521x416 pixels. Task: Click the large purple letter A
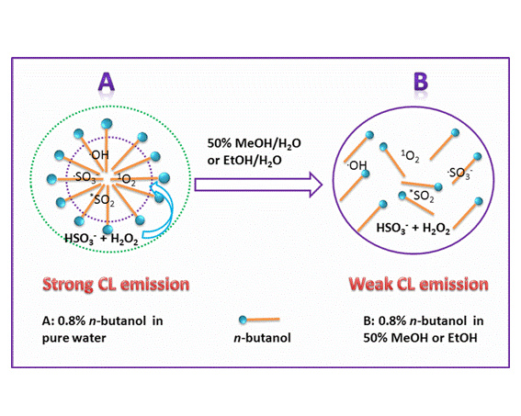click(x=107, y=82)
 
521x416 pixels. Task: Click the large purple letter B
click(x=420, y=82)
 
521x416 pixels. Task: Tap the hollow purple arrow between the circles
click(x=258, y=185)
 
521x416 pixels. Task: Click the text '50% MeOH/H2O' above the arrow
click(x=255, y=144)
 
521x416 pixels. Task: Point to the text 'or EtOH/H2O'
click(x=244, y=161)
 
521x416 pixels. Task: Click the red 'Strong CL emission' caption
click(x=116, y=285)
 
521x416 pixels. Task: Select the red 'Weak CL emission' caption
click(x=418, y=285)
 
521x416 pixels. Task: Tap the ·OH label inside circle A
click(x=99, y=154)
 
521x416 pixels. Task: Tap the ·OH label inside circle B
click(x=357, y=165)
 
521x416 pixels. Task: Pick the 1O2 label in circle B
click(x=410, y=156)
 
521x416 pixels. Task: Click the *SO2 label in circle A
click(x=103, y=200)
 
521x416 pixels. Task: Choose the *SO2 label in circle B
click(x=422, y=196)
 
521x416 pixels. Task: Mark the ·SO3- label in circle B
click(x=459, y=173)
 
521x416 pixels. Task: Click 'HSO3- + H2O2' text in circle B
click(x=413, y=228)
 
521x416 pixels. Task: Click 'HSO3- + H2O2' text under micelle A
click(x=101, y=239)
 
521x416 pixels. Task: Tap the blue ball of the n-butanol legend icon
click(x=243, y=320)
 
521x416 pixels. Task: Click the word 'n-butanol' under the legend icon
click(x=262, y=338)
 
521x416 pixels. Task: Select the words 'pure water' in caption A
click(x=74, y=338)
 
